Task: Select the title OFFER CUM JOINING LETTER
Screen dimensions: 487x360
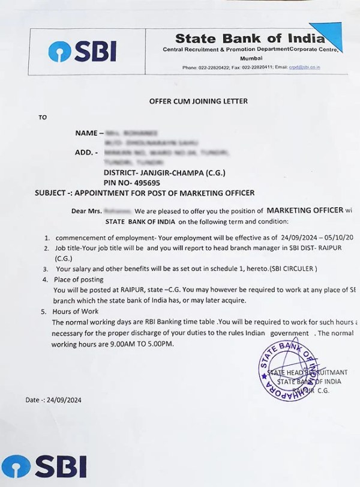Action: click(198, 101)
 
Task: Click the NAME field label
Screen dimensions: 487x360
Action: click(87, 132)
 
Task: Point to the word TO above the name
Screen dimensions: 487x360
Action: click(42, 117)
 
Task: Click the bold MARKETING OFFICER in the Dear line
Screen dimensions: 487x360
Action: click(305, 211)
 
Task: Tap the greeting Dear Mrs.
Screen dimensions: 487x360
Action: click(86, 211)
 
